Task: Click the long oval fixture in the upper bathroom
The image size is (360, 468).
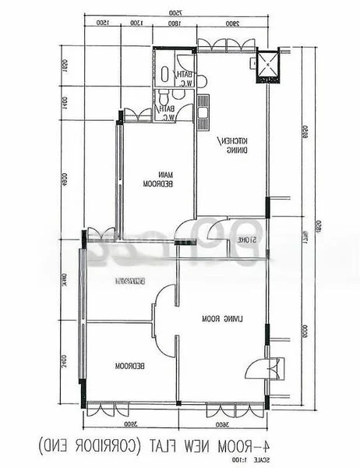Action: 165,74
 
